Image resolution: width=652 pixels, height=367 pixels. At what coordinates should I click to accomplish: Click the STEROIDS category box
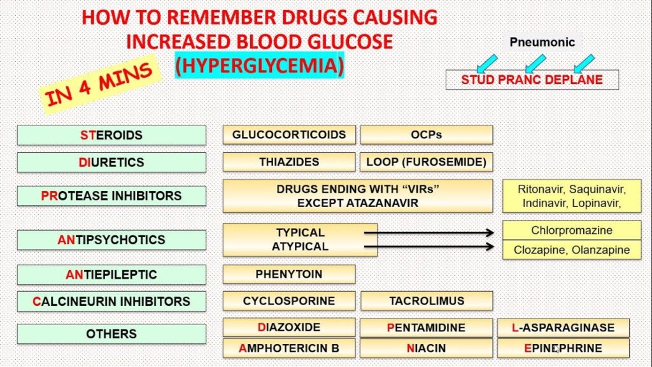coord(111,135)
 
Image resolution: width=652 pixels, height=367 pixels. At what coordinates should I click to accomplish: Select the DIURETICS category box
coord(111,162)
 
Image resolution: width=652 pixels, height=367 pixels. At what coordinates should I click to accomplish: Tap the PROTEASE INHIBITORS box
coord(111,196)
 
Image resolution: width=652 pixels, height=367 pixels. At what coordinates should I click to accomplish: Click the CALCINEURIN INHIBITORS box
coord(111,301)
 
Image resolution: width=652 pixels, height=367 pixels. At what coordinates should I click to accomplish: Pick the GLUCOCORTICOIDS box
coord(289,135)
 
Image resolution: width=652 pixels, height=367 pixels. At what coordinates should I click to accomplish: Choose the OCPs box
coord(427,135)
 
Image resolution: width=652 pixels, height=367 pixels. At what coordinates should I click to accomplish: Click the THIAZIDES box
coord(289,162)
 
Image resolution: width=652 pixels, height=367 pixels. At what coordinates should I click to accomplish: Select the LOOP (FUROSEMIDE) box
coord(427,162)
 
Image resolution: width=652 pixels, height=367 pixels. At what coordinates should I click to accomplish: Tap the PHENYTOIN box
coord(289,274)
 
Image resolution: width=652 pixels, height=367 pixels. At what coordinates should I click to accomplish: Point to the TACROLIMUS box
coord(427,301)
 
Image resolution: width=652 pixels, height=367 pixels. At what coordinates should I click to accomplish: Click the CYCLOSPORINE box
coord(289,301)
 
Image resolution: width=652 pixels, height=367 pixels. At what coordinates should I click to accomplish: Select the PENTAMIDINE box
coord(427,327)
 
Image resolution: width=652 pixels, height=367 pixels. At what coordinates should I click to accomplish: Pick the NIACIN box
coord(427,348)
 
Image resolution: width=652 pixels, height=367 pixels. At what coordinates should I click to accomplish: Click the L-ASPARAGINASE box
coord(563,327)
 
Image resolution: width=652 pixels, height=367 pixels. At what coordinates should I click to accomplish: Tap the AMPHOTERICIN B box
coord(289,348)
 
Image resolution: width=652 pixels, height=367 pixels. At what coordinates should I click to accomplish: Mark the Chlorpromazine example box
coord(572,230)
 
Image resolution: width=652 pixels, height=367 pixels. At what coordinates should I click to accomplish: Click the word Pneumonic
coord(542,43)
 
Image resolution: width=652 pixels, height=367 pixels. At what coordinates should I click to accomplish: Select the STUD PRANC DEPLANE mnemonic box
coord(532,80)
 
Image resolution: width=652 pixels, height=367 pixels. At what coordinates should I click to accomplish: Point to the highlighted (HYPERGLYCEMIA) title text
coord(259,66)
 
